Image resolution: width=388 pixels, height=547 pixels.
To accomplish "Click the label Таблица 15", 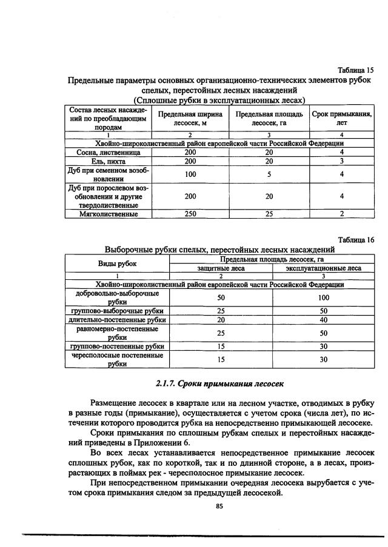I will click(355, 70).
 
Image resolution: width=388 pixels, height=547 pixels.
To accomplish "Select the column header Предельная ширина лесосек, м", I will click(190, 118).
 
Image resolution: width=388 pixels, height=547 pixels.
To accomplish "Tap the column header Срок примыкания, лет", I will click(342, 118).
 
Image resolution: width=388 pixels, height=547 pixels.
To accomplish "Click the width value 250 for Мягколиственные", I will click(190, 214).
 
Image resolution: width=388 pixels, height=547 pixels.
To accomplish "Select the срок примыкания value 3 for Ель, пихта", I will click(342, 162).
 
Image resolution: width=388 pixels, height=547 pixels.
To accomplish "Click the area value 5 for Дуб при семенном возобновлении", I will click(269, 174).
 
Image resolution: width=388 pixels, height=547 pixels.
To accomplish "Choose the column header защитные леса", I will click(221, 268).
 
